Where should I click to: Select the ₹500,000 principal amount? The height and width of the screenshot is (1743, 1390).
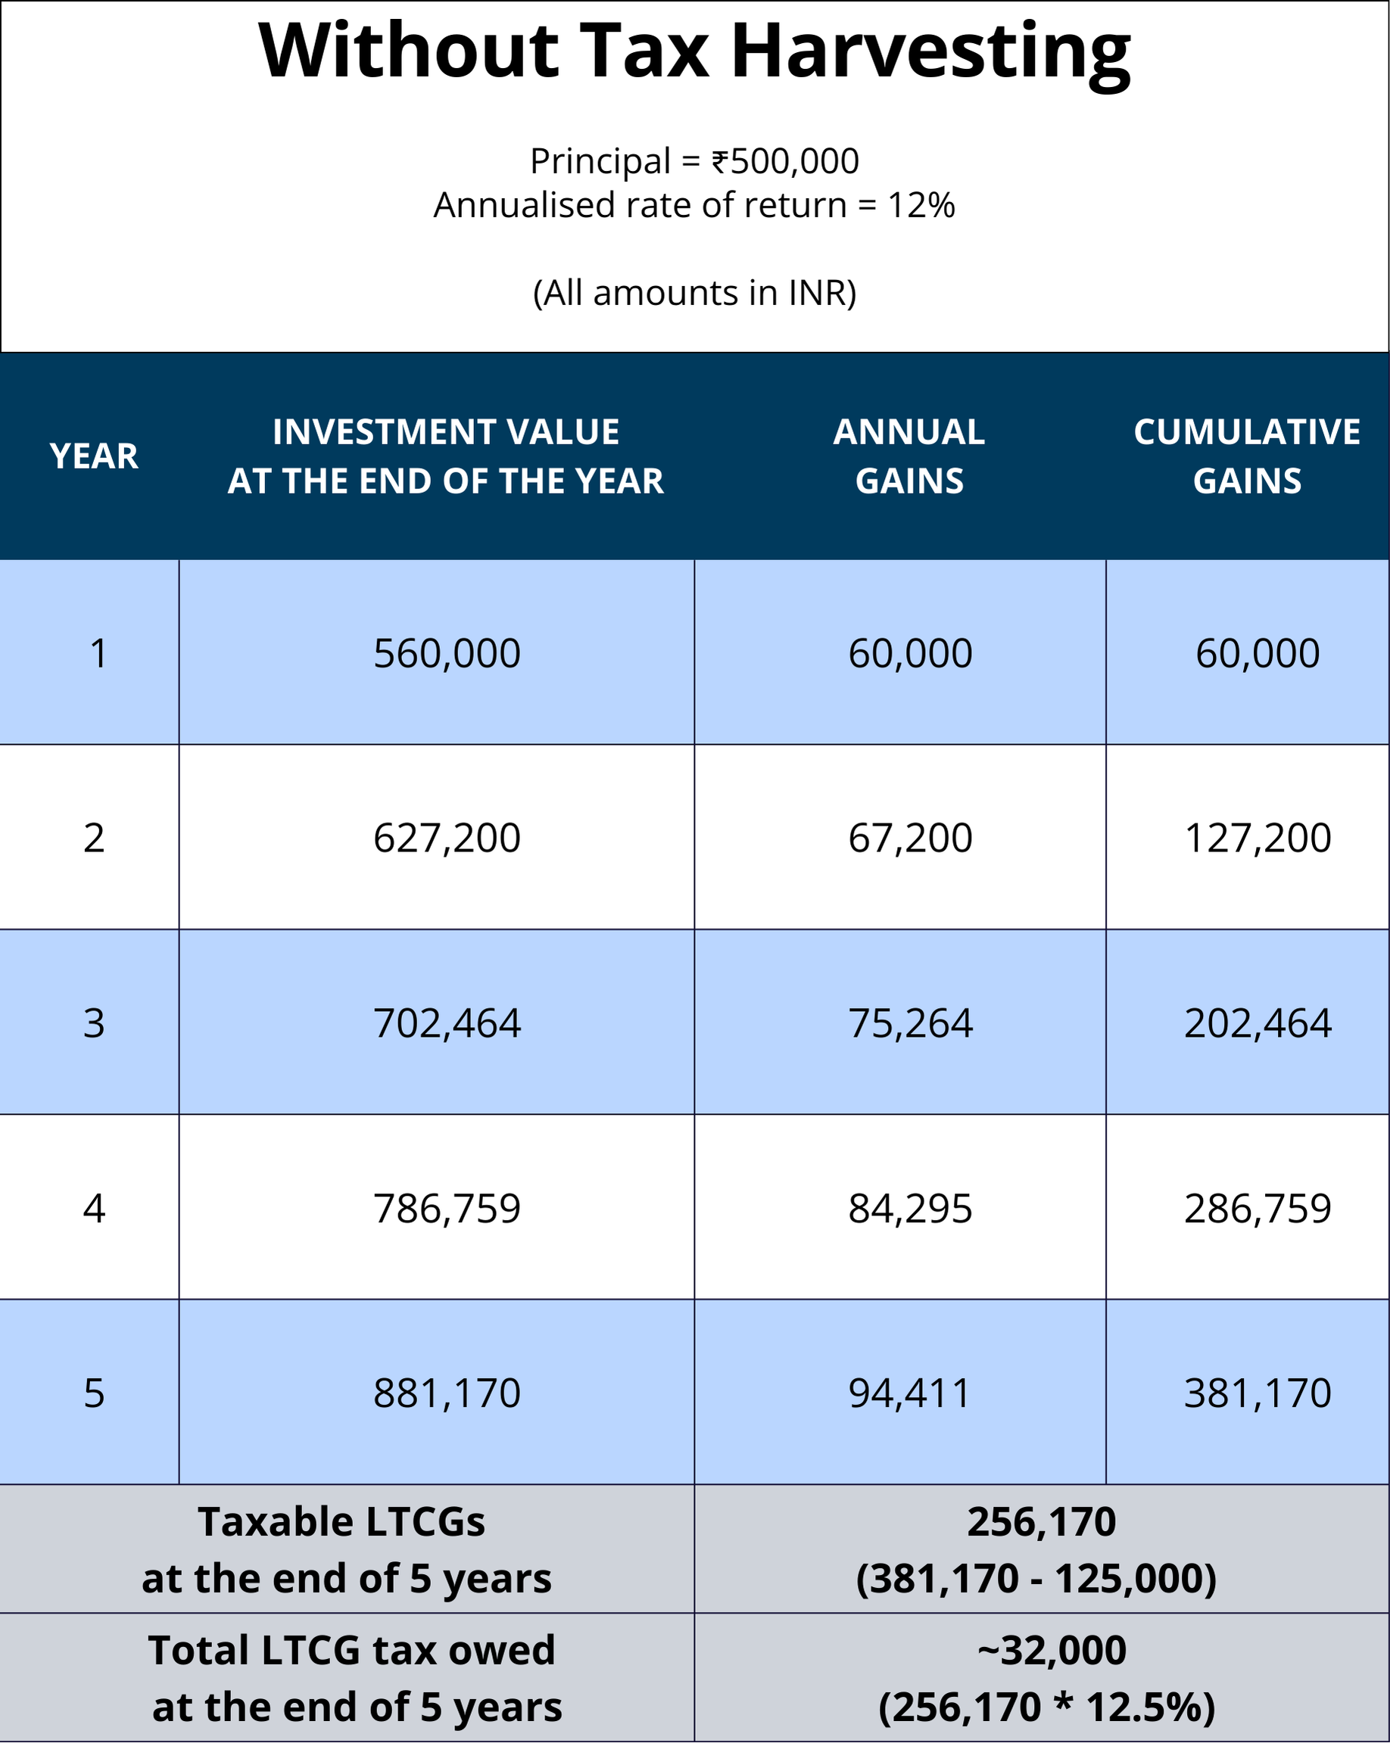pyautogui.click(x=784, y=161)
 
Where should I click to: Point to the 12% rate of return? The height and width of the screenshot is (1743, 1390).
pyautogui.click(x=921, y=205)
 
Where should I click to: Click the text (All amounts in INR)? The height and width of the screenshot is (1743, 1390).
pyautogui.click(x=694, y=293)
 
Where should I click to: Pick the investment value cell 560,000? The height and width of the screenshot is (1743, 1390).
pyautogui.click(x=447, y=653)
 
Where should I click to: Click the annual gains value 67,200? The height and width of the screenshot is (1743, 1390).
pyautogui.click(x=910, y=838)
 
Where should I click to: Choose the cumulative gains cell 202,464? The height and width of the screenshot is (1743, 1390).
pyautogui.click(x=1258, y=1023)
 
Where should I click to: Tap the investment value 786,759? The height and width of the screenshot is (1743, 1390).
pyautogui.click(x=447, y=1209)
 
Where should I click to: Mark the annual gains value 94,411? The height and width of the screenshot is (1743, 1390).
pyautogui.click(x=909, y=1393)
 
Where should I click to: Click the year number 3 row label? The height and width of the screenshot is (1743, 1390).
pyautogui.click(x=94, y=1023)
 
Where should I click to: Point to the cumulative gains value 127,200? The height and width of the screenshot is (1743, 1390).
pyautogui.click(x=1258, y=838)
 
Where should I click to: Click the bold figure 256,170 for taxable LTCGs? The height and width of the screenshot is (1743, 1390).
pyautogui.click(x=1041, y=1522)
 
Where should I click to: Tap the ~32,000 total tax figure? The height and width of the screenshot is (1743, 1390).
pyautogui.click(x=1051, y=1650)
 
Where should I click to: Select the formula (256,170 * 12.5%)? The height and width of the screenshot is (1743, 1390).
pyautogui.click(x=1046, y=1707)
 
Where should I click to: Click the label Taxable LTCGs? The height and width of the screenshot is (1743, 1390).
pyautogui.click(x=341, y=1522)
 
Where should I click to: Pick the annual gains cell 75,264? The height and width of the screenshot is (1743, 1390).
pyautogui.click(x=910, y=1023)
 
